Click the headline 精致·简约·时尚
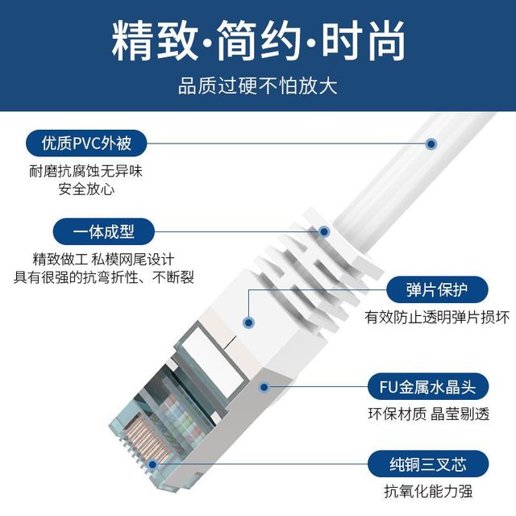click(x=258, y=41)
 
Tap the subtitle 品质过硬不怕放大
click(x=258, y=86)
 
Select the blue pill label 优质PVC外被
click(x=86, y=144)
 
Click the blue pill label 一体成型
click(x=104, y=231)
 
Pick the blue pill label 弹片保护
click(x=437, y=290)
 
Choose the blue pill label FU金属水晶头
click(x=428, y=387)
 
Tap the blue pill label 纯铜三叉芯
click(x=428, y=464)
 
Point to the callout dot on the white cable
click(x=431, y=144)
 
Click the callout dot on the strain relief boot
click(x=324, y=231)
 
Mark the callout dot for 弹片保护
click(x=249, y=322)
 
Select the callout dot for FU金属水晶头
click(x=264, y=387)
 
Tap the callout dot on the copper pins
click(x=152, y=464)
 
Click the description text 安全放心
click(x=86, y=189)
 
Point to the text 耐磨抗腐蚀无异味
click(x=86, y=172)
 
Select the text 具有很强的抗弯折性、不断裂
click(x=104, y=277)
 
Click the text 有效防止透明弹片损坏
click(x=437, y=317)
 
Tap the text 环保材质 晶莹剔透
click(x=428, y=414)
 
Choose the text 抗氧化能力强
click(x=428, y=491)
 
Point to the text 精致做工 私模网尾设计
click(x=103, y=260)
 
